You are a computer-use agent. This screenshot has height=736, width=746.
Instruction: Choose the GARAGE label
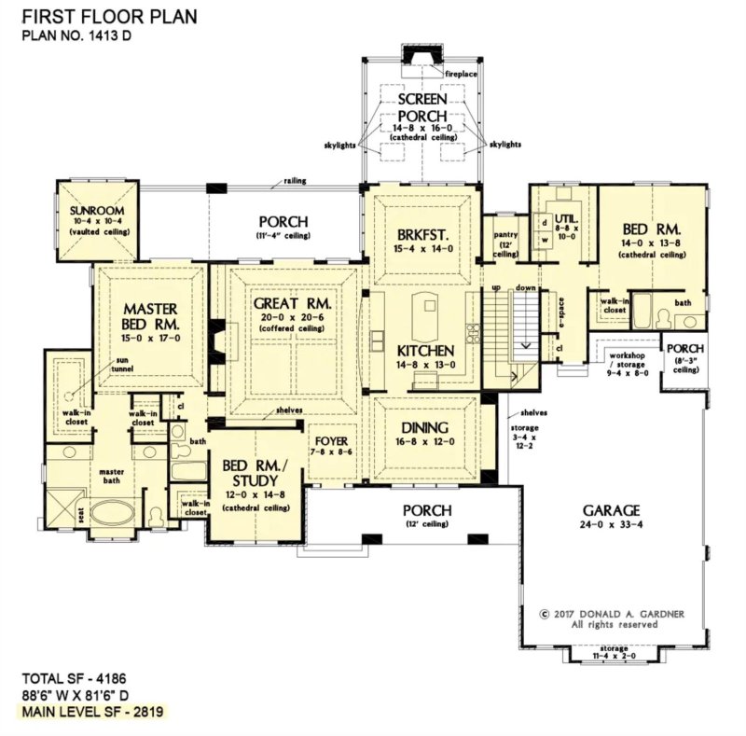tap(611, 510)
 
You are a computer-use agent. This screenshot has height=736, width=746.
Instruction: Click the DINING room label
tap(425, 428)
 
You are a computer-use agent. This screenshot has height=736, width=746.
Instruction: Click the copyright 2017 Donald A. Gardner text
tap(611, 614)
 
